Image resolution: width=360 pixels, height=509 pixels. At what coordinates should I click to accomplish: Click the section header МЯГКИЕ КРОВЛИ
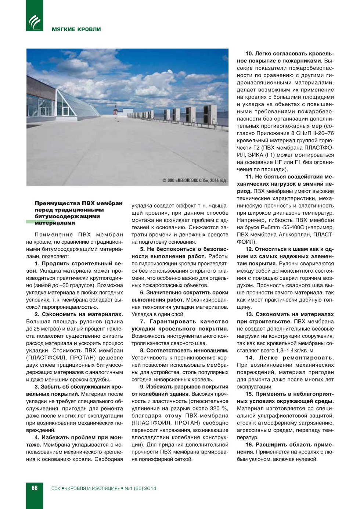pyautogui.click(x=76, y=29)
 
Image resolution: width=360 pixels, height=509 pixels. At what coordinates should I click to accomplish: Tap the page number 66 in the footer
pyautogui.click(x=35, y=488)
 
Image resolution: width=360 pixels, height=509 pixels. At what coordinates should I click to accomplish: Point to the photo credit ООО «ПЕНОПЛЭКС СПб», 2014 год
pyautogui.click(x=194, y=180)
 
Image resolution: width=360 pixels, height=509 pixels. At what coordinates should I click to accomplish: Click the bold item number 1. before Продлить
pyautogui.click(x=37, y=264)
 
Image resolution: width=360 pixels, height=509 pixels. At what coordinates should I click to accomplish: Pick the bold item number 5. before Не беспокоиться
pyautogui.click(x=142, y=249)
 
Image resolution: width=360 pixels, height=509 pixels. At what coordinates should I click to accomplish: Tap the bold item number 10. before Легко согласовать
pyautogui.click(x=249, y=54)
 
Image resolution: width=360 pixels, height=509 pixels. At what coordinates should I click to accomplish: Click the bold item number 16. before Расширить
pyautogui.click(x=249, y=445)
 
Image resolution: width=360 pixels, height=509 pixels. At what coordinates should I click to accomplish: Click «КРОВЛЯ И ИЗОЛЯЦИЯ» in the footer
pyautogui.click(x=92, y=488)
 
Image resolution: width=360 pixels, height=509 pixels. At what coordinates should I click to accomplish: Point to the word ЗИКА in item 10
pyautogui.click(x=256, y=155)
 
